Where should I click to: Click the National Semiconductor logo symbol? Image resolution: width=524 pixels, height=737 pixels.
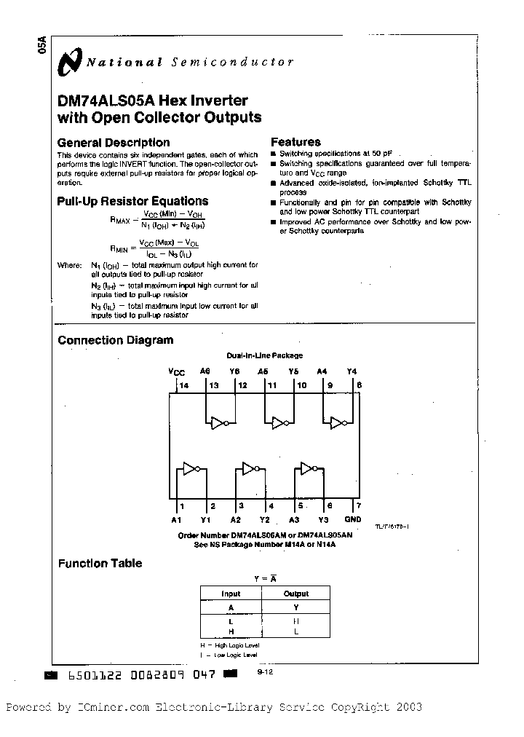(69, 63)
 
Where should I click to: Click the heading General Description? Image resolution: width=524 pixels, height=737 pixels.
(113, 143)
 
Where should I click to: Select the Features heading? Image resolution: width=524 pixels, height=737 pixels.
(295, 142)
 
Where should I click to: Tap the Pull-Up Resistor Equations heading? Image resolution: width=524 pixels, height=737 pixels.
(132, 201)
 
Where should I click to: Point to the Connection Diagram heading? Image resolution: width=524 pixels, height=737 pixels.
(115, 340)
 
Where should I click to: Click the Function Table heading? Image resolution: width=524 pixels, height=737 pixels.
(100, 563)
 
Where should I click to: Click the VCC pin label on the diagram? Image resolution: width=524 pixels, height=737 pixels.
(177, 371)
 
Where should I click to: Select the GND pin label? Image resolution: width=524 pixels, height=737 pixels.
(352, 519)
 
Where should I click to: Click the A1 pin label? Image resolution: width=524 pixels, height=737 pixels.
(176, 519)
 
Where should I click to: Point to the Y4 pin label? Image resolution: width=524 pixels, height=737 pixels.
(352, 371)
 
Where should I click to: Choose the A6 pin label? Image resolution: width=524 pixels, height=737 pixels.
(205, 371)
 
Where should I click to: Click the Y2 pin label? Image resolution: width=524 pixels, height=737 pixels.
(264, 519)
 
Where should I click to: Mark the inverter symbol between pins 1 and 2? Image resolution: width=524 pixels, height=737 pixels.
(191, 469)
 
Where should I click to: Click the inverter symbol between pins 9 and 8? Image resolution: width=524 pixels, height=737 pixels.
(338, 422)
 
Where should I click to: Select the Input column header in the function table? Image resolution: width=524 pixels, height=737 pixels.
(231, 594)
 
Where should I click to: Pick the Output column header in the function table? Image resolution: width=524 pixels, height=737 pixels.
(296, 594)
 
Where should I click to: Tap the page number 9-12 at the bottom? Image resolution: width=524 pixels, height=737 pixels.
(264, 674)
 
